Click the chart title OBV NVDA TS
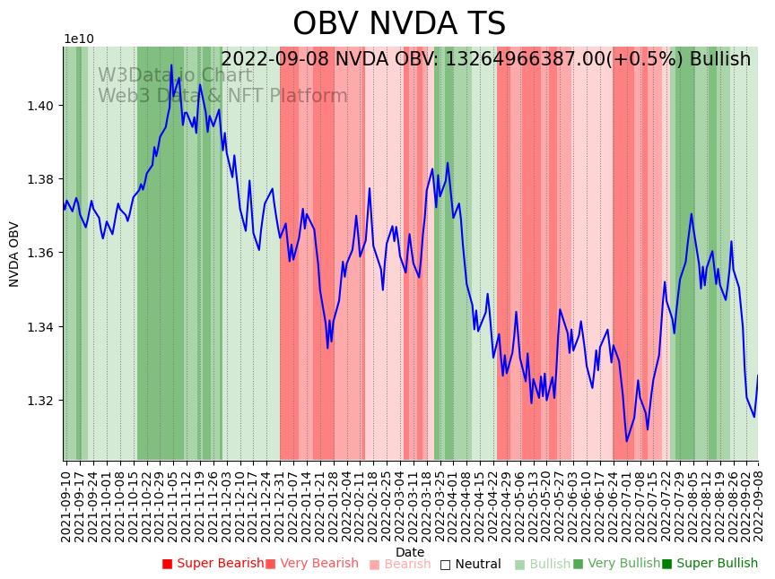pyautogui.click(x=399, y=24)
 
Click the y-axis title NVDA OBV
pyautogui.click(x=14, y=254)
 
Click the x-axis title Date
pyautogui.click(x=410, y=552)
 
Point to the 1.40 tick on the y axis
pyautogui.click(x=40, y=106)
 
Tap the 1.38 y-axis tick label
pyautogui.click(x=40, y=179)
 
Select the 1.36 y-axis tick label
pyautogui.click(x=40, y=253)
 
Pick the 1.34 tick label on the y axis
pyautogui.click(x=40, y=326)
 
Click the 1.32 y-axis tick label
pyautogui.click(x=40, y=400)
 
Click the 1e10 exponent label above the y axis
pyautogui.click(x=79, y=39)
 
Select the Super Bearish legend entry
pyautogui.click(x=213, y=564)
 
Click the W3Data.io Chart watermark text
pyautogui.click(x=175, y=75)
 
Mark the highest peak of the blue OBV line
pyautogui.click(x=171, y=65)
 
